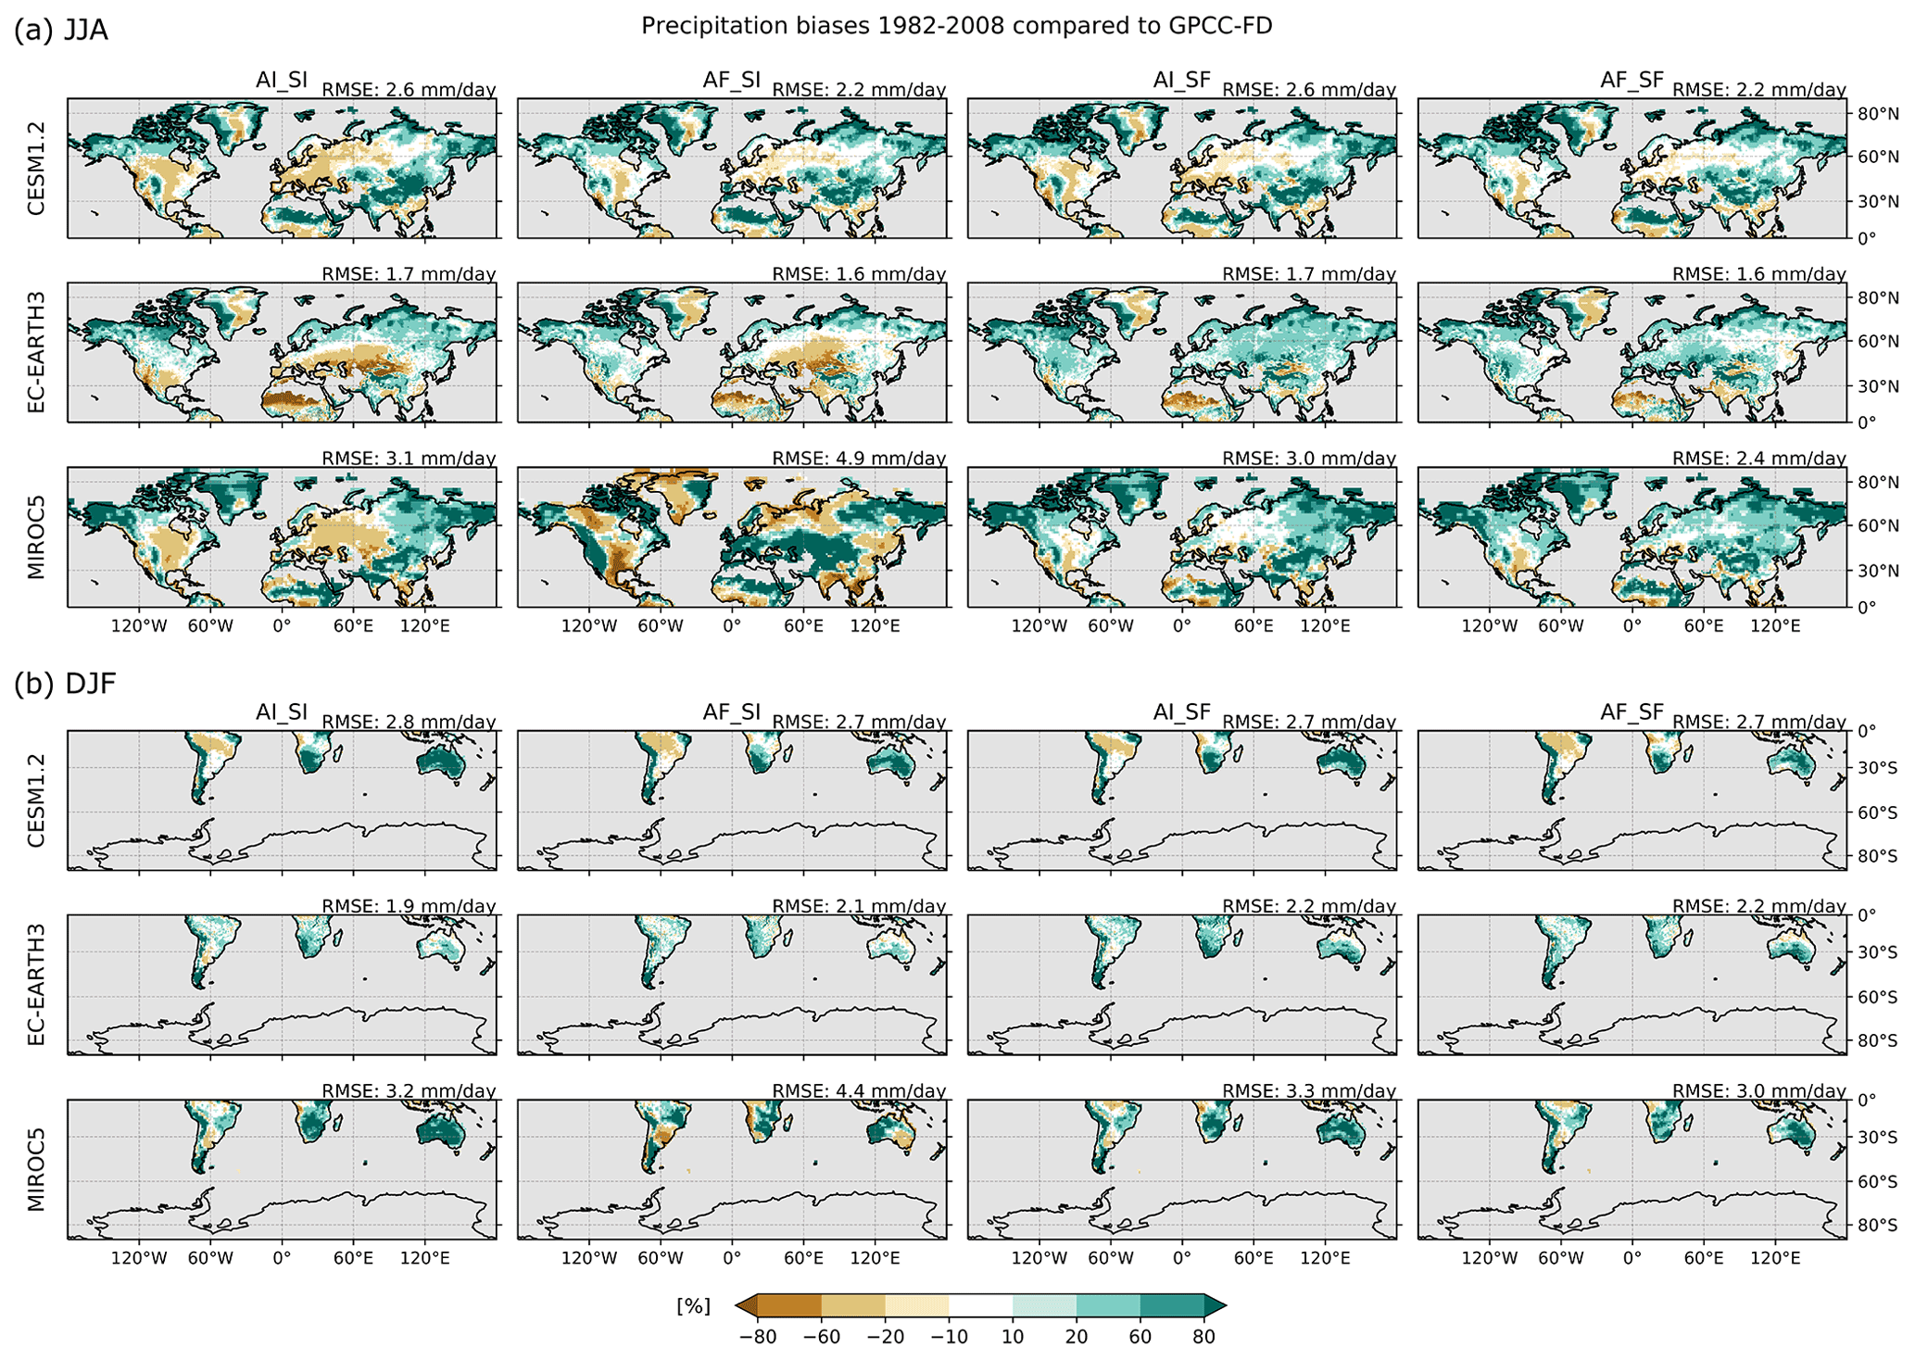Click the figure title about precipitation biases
point(956,26)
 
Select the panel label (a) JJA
point(61,30)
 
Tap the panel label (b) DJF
point(65,684)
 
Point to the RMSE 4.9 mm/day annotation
point(859,459)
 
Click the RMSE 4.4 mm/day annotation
point(859,1091)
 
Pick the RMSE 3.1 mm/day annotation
point(409,459)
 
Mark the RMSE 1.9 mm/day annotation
point(409,906)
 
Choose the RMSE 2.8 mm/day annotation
point(409,722)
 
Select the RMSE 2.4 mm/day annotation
point(1758,459)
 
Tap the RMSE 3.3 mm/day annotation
point(1308,1091)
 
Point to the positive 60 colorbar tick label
point(1140,1337)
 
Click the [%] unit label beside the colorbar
point(694,1306)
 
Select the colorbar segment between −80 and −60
point(789,1306)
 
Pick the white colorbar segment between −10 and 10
point(980,1306)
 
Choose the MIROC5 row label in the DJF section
point(36,1169)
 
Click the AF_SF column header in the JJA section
point(1632,81)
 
